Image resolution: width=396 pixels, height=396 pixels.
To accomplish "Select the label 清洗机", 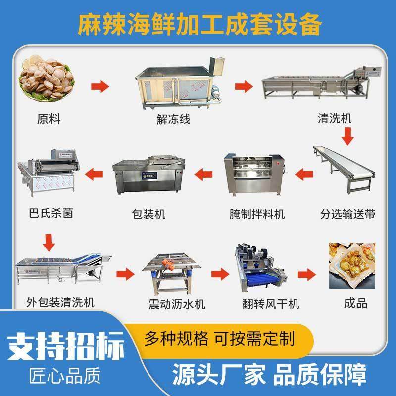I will tap(335, 119).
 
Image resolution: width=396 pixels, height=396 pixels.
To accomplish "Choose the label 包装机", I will tap(149, 214).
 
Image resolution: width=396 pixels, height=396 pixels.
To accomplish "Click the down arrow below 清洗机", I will tap(348, 134).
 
